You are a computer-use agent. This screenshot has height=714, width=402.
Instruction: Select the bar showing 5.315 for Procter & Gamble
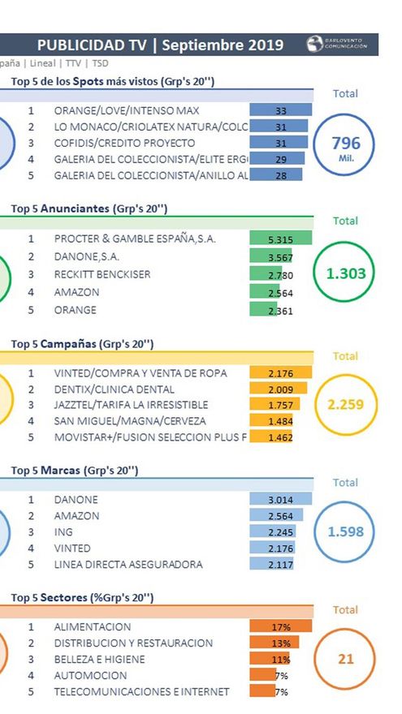pyautogui.click(x=281, y=239)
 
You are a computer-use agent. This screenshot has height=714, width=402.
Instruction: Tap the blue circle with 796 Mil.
pyautogui.click(x=346, y=144)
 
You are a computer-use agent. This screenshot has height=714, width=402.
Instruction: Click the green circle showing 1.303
pyautogui.click(x=346, y=273)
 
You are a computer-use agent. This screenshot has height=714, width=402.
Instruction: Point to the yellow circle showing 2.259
pyautogui.click(x=346, y=404)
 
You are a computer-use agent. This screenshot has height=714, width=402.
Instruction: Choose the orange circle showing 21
pyautogui.click(x=346, y=659)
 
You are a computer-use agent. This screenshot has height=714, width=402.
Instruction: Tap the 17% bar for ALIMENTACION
pyautogui.click(x=280, y=627)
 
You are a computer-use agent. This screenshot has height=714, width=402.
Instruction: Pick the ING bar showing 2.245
pyautogui.click(x=275, y=532)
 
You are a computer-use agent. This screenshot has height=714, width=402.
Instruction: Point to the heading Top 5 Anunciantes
pyautogui.click(x=89, y=209)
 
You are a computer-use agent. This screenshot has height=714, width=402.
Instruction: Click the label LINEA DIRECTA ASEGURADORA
pyautogui.click(x=128, y=564)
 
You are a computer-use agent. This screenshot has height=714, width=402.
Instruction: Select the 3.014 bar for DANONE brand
pyautogui.click(x=280, y=500)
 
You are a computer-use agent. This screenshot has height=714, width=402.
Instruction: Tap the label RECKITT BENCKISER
pyautogui.click(x=102, y=274)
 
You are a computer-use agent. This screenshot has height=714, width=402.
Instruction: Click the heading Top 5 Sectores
pyautogui.click(x=82, y=598)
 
